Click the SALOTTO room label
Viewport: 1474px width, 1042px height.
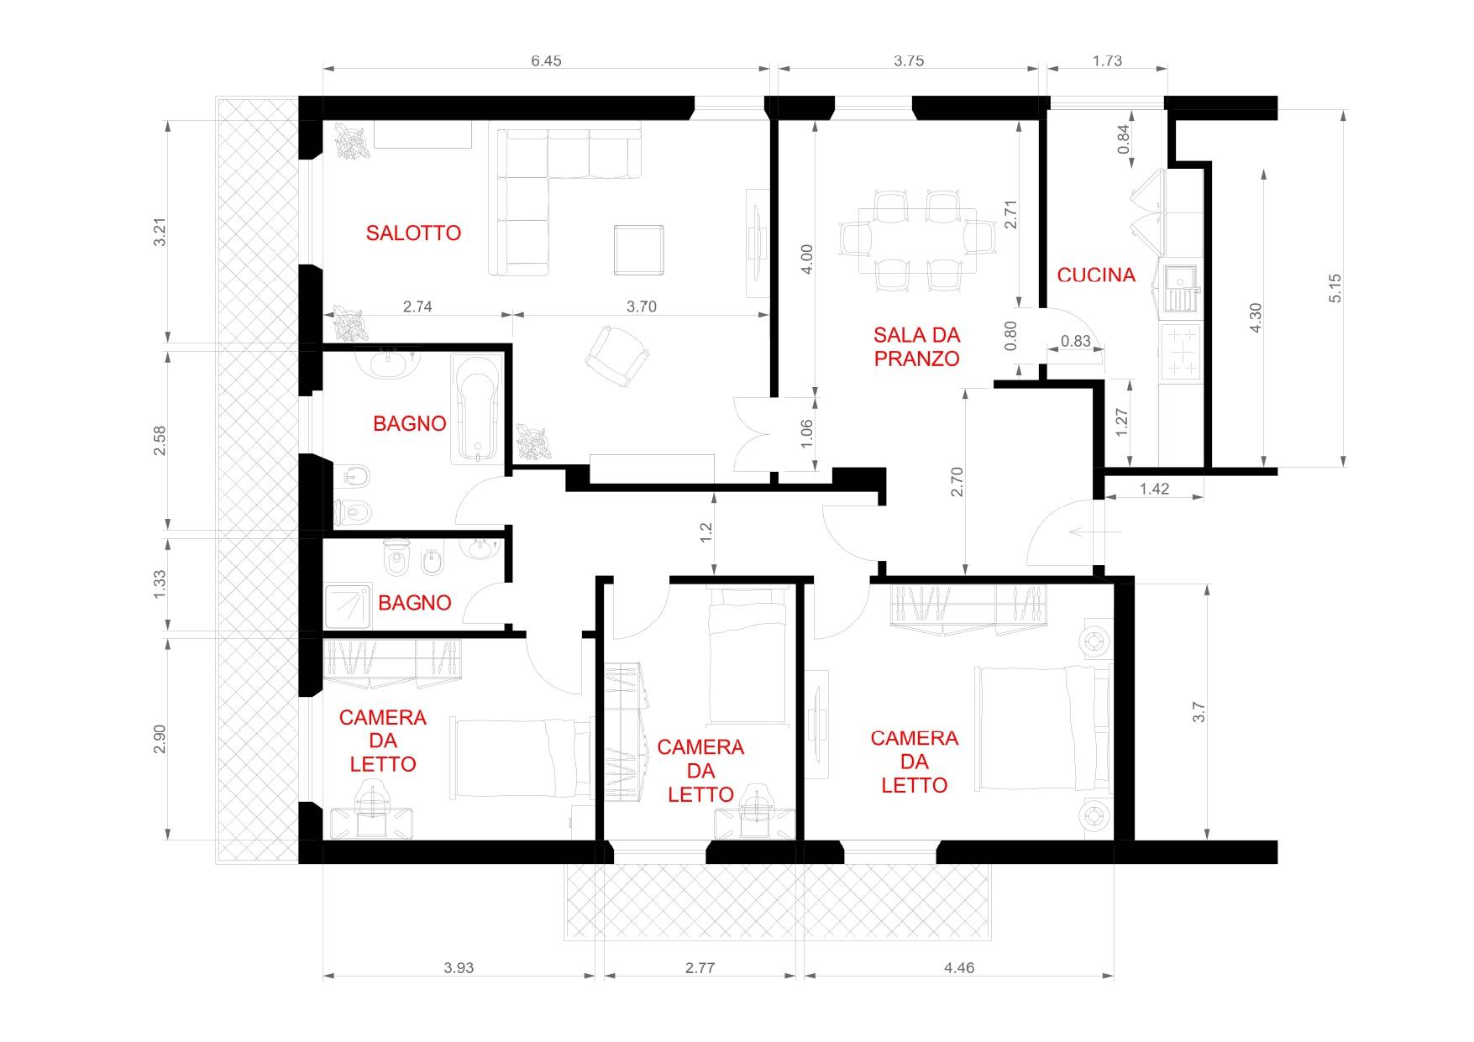pos(413,233)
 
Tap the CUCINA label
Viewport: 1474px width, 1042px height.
pos(1096,275)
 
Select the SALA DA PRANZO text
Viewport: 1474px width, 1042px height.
pos(916,347)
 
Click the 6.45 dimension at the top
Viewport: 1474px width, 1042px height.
pos(546,60)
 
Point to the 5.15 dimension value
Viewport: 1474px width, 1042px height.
pos(1335,288)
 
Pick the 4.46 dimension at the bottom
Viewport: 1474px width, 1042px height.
pos(959,967)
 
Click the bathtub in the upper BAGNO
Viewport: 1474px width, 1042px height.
pos(477,408)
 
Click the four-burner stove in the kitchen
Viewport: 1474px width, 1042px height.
pos(1182,352)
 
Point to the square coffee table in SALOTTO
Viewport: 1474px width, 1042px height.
pos(638,249)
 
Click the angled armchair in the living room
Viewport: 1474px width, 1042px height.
pos(616,356)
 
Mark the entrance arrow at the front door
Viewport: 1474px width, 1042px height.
pos(1098,531)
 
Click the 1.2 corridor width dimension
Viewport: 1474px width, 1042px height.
pos(706,531)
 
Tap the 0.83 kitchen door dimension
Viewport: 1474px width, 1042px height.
pos(1075,341)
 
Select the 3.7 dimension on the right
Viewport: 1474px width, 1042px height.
pos(1199,712)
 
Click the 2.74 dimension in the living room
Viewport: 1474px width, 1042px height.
pos(417,306)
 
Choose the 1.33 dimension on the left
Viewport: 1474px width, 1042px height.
pos(160,584)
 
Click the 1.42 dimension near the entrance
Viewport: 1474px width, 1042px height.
pos(1154,489)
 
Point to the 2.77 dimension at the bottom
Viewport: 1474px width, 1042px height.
pos(700,967)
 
